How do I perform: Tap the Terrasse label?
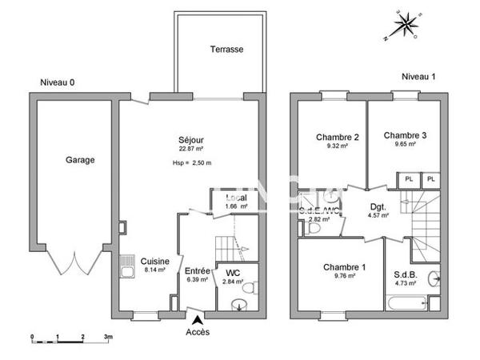226,49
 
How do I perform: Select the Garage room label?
79,160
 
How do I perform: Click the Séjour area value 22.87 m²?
190,149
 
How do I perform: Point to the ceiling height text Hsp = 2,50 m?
191,163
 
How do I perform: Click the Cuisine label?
154,260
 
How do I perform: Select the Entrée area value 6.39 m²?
196,280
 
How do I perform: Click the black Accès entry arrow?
197,319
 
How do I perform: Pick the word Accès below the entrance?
198,332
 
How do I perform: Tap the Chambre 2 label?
337,137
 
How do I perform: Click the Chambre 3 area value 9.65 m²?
404,146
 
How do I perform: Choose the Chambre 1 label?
345,267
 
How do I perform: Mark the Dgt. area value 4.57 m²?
378,215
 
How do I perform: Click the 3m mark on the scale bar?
107,337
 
